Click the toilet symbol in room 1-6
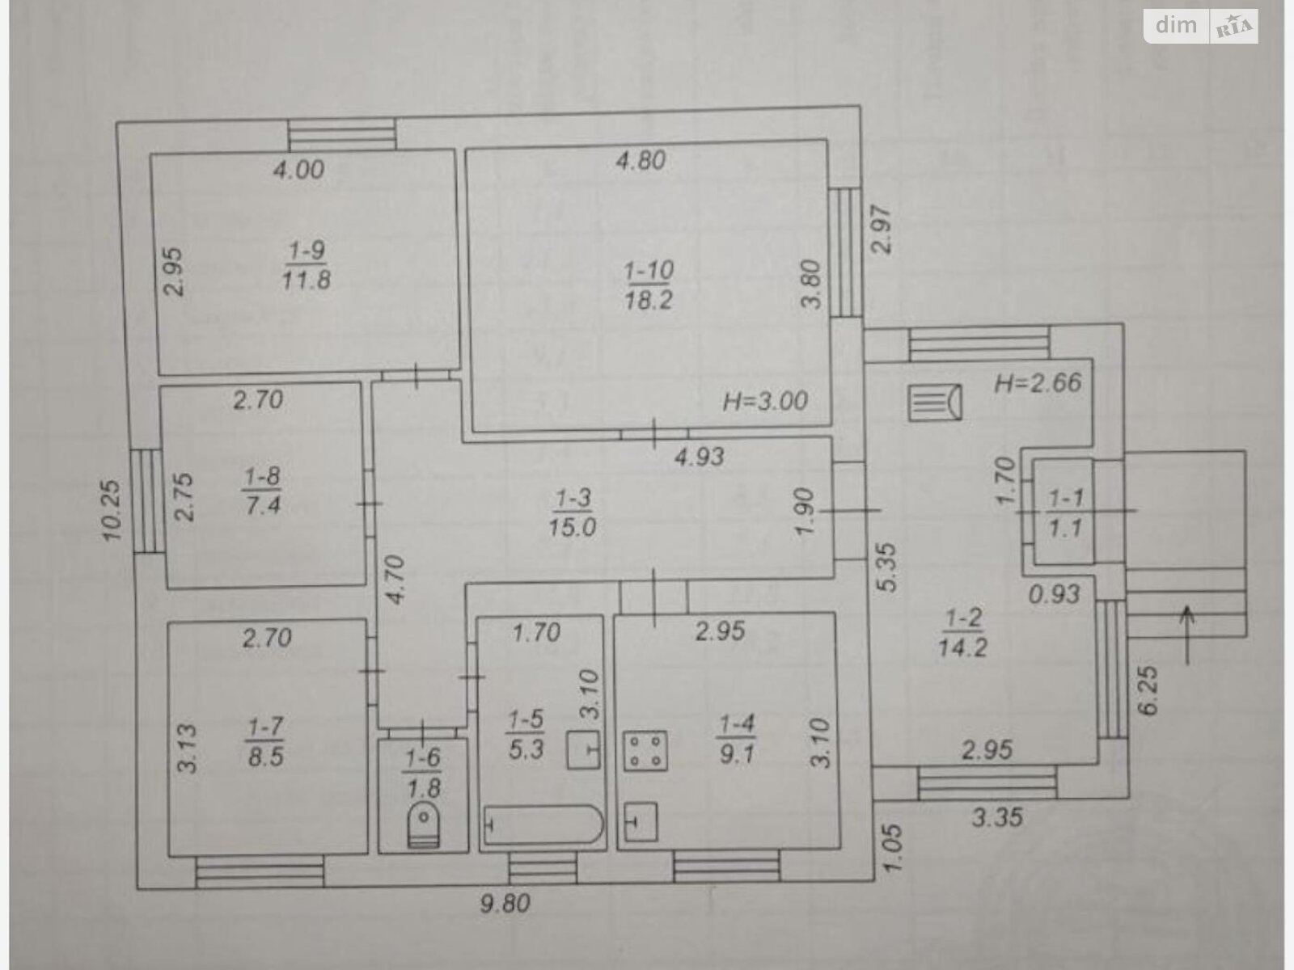[423, 824]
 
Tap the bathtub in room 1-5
[543, 824]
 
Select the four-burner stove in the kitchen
[645, 751]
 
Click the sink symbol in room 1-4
[640, 821]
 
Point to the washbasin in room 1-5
[584, 750]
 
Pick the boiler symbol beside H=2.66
[935, 403]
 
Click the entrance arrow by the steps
[1187, 635]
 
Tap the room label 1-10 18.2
[649, 285]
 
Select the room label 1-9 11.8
[306, 265]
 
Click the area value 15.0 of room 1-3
[572, 527]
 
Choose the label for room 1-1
[1065, 513]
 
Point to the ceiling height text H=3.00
[765, 402]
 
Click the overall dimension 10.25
[112, 511]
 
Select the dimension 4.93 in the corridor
[700, 457]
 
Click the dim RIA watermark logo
[1201, 27]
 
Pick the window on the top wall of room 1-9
[342, 135]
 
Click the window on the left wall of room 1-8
[146, 501]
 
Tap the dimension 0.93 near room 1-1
[1054, 594]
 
